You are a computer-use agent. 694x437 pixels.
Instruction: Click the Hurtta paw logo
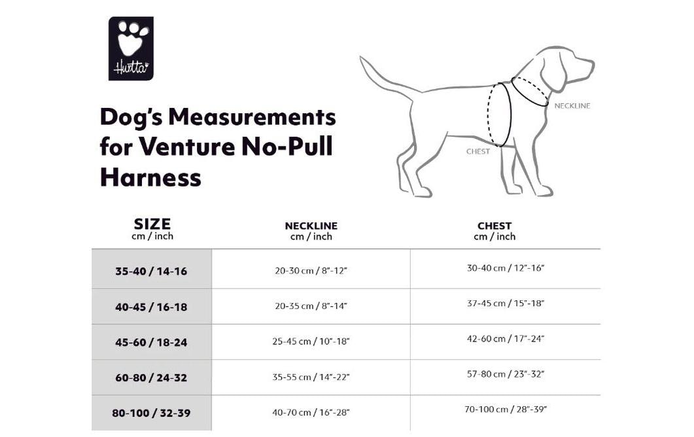click(131, 48)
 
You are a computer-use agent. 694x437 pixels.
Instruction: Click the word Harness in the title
click(150, 177)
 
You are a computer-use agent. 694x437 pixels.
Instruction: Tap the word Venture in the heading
click(187, 146)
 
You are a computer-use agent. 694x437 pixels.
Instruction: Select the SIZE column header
click(152, 228)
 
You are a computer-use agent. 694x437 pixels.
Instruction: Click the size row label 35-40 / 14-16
click(151, 271)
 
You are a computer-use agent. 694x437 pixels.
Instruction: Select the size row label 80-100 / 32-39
click(151, 413)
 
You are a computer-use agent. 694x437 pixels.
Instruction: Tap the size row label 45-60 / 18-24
click(151, 342)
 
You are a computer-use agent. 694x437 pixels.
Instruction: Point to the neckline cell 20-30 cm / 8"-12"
click(311, 271)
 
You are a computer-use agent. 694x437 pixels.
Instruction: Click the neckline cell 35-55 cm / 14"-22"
click(311, 377)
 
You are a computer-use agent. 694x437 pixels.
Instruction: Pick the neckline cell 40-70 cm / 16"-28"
click(311, 413)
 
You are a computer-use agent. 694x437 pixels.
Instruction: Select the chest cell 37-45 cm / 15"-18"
click(506, 304)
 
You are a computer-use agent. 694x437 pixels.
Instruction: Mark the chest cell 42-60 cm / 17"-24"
click(506, 339)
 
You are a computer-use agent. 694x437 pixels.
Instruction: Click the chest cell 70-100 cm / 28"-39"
click(506, 410)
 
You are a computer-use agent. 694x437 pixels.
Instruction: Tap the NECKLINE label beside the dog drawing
click(572, 106)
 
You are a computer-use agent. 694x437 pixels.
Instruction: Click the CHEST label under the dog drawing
click(478, 151)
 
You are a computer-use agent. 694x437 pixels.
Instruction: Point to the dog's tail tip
click(361, 58)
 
